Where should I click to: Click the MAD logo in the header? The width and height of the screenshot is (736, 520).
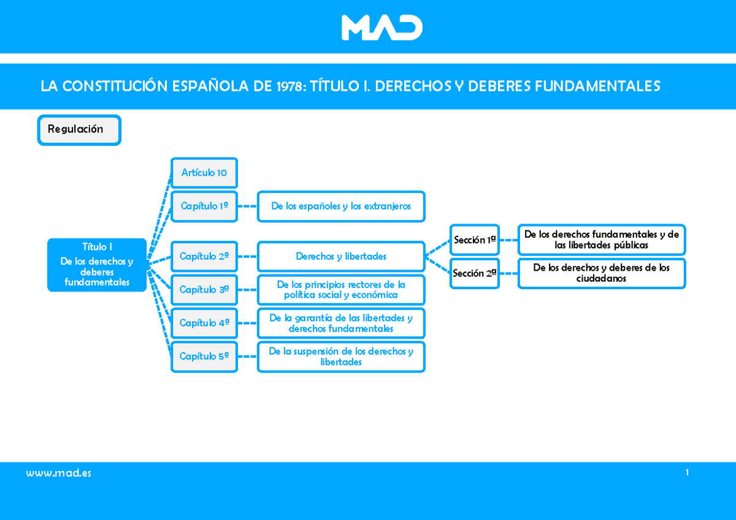tap(381, 28)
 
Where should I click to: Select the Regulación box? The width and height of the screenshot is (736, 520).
tap(79, 130)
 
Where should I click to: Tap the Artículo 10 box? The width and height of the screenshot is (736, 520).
tap(204, 173)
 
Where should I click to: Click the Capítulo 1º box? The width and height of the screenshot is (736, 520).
tap(204, 206)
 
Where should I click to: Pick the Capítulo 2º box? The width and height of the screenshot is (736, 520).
tap(204, 257)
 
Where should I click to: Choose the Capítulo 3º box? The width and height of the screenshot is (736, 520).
tap(204, 290)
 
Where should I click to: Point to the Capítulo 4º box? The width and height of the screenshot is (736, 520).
tap(204, 323)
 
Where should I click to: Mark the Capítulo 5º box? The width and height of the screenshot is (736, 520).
tap(204, 357)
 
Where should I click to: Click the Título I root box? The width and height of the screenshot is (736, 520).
tap(97, 265)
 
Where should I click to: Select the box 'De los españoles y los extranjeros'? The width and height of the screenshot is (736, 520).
tap(341, 206)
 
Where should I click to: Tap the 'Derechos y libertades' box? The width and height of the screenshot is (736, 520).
tap(341, 257)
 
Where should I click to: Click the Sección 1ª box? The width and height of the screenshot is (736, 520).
tap(475, 240)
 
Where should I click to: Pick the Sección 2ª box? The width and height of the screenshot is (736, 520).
tap(475, 273)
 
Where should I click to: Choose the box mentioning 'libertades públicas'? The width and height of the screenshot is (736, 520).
tap(602, 240)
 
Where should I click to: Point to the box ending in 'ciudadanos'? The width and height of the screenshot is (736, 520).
tap(602, 273)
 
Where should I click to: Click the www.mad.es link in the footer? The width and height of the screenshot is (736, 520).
tap(58, 473)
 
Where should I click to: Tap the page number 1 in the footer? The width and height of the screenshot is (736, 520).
tap(687, 472)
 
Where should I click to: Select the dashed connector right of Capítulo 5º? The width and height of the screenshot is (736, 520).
tap(247, 356)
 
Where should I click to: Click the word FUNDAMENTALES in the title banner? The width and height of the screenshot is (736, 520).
tap(597, 86)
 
